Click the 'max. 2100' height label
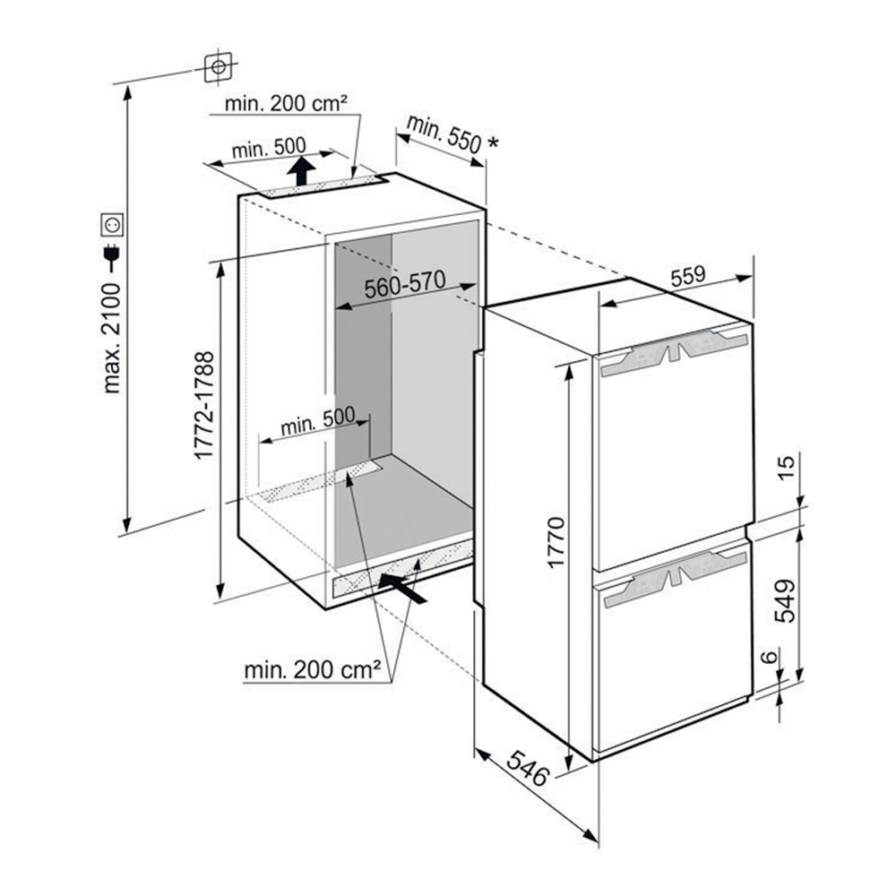(112, 338)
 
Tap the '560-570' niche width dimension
(405, 284)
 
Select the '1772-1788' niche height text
(204, 405)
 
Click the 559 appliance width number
(688, 276)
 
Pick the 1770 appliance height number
(556, 542)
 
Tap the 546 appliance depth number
(528, 768)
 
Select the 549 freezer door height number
(785, 600)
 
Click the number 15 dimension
(787, 468)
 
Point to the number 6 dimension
(771, 657)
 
